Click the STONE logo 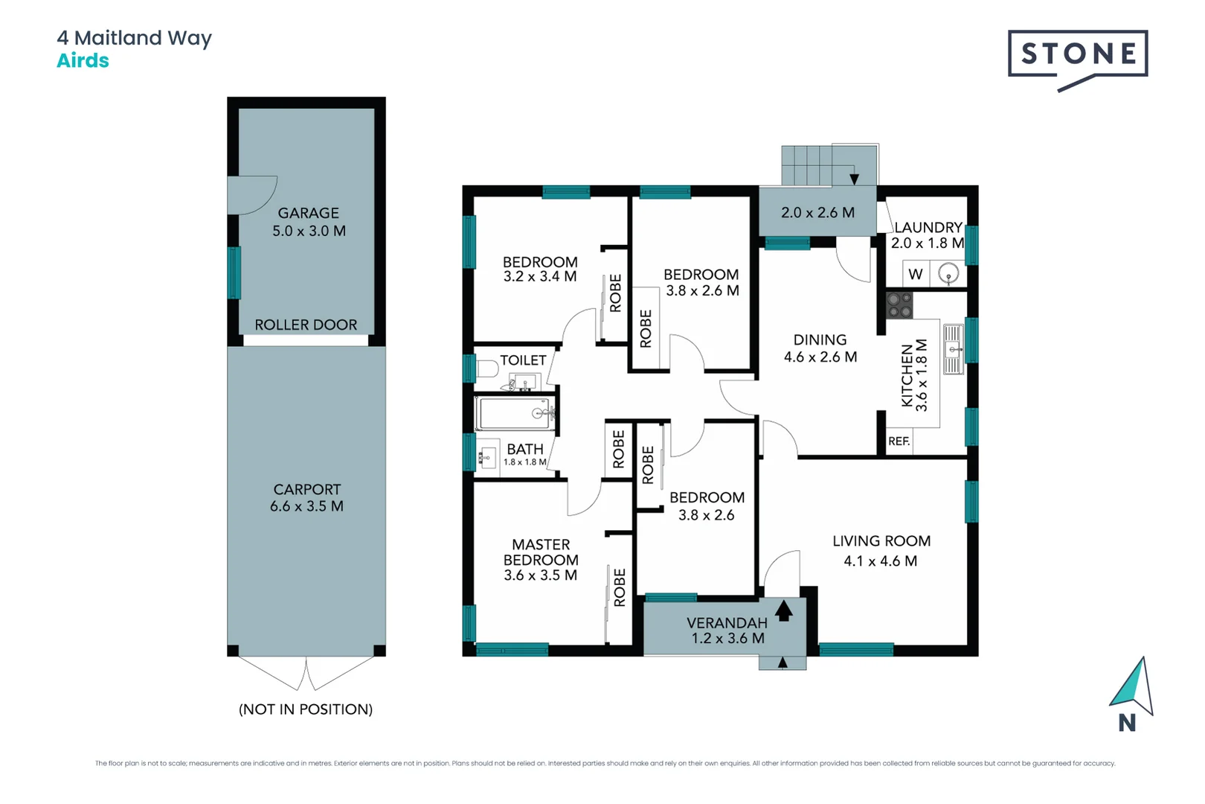point(1077,54)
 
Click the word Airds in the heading point(83,61)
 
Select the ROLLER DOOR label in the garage point(306,325)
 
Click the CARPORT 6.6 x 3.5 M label point(306,498)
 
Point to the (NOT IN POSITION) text point(306,709)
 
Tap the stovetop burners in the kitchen point(899,304)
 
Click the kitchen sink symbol point(954,349)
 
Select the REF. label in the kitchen point(899,441)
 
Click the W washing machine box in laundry point(916,274)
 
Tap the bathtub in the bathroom point(515,414)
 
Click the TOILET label point(523,360)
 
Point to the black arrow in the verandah point(784,611)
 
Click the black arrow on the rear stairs point(854,179)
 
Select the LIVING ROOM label point(881,541)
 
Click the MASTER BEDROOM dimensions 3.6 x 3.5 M point(540,575)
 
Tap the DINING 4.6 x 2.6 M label point(820,348)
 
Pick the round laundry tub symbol point(948,273)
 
